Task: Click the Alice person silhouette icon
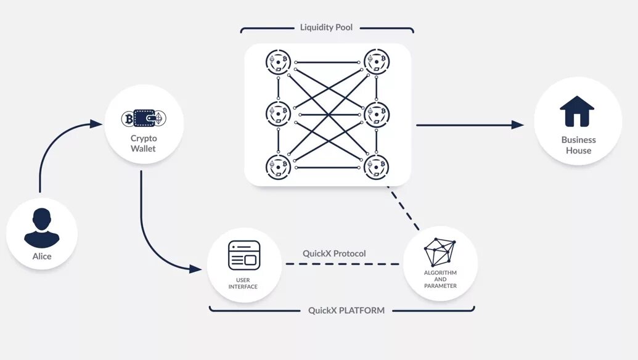42,228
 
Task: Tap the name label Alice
42,256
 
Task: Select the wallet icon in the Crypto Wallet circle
144,118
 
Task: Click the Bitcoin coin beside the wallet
129,118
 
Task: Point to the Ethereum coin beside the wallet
160,118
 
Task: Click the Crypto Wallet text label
144,144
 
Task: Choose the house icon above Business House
577,112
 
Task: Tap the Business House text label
578,145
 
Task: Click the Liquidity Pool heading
327,28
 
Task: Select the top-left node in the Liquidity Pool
279,62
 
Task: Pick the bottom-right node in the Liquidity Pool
376,166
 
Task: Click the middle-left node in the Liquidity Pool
279,114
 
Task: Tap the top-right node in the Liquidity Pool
376,62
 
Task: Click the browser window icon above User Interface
244,255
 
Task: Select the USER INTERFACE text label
243,284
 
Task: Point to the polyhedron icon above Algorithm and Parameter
440,252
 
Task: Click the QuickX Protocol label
334,253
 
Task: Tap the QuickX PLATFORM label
346,310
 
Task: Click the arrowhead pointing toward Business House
518,125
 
